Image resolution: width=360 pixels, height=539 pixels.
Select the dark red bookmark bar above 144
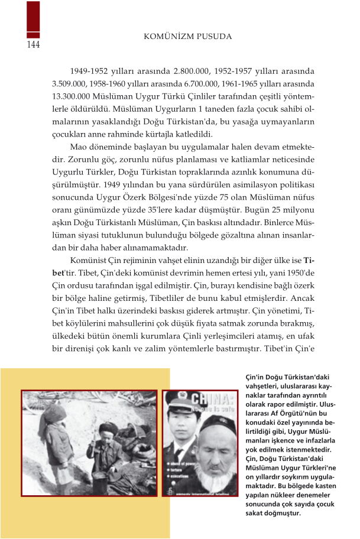[33, 20]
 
